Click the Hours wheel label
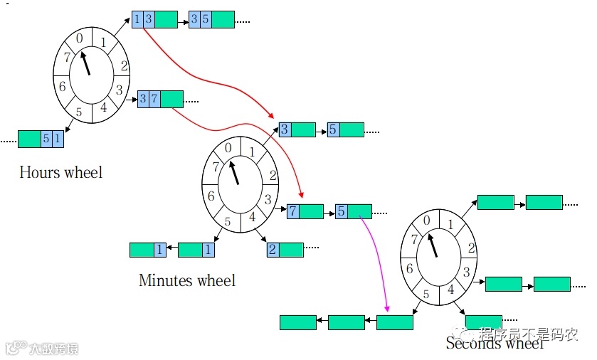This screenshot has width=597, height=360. (61, 172)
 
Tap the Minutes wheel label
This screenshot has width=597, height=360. (186, 280)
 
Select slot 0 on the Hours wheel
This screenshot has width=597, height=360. (80, 38)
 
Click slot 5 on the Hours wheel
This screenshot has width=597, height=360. (79, 112)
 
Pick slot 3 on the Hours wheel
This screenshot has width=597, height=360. (120, 90)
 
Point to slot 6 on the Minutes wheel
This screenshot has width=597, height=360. (211, 196)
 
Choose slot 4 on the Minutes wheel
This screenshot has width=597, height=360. (252, 217)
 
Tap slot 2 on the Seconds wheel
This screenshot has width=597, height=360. (472, 248)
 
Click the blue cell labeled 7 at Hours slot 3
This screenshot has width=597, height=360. (154, 99)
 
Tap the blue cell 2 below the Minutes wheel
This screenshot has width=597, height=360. (273, 250)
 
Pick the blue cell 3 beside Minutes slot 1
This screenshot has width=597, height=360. (285, 129)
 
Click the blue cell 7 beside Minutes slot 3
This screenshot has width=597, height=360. (292, 211)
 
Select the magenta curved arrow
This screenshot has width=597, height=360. (378, 256)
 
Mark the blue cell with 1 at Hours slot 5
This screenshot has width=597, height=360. (58, 139)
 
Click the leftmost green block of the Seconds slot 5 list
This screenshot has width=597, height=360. (297, 322)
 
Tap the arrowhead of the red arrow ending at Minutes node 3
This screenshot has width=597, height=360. (271, 115)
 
